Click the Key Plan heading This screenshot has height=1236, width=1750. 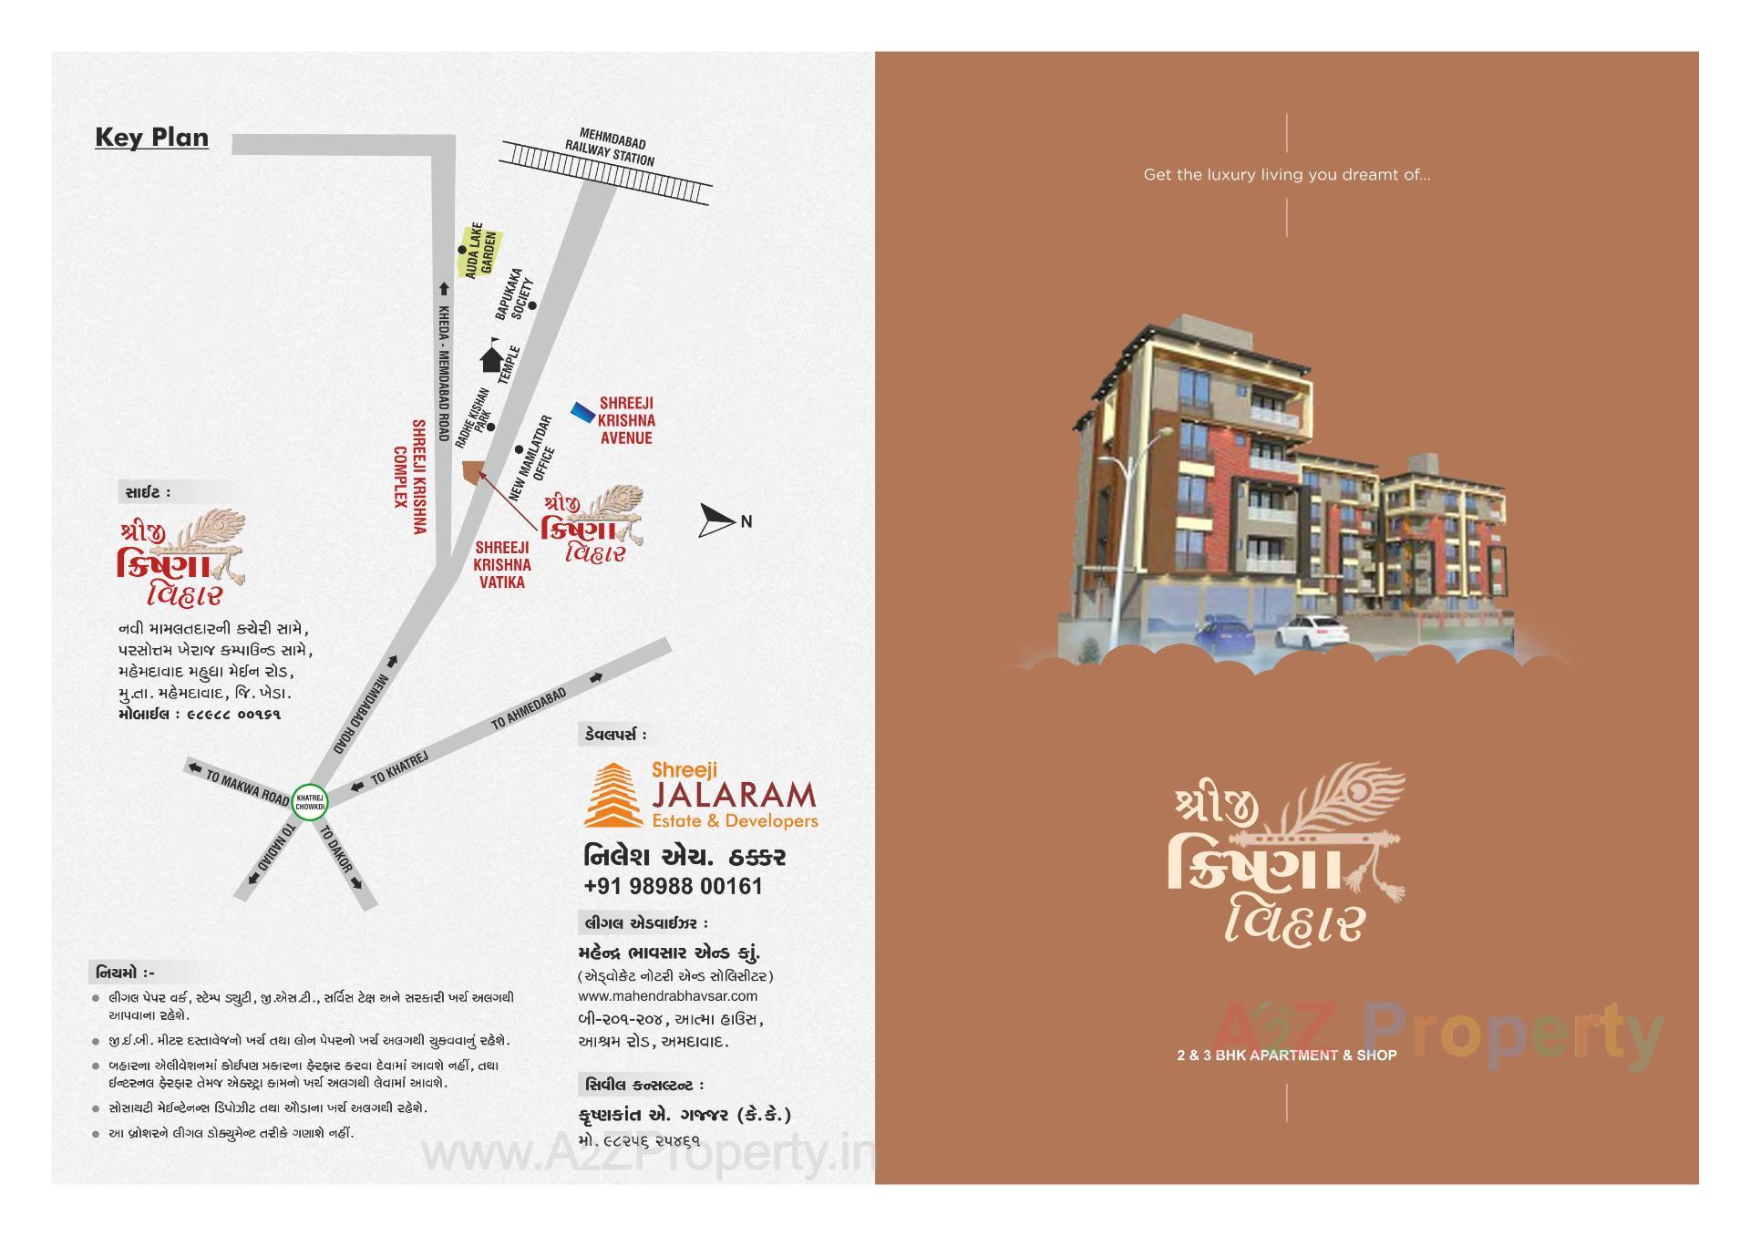point(151,138)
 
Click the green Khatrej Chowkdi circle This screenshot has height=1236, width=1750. point(309,802)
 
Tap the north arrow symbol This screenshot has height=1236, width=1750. point(717,520)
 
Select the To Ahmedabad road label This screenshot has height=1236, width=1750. point(529,708)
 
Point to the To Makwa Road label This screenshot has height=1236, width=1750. point(247,788)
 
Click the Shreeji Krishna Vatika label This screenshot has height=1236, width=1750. point(502,564)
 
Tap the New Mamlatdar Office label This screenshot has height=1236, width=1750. point(532,458)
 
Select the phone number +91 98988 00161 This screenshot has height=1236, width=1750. point(673,886)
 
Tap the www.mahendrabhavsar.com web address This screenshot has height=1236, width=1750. point(667,995)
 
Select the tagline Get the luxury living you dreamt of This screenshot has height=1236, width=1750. point(1286,175)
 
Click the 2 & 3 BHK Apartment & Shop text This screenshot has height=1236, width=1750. point(1286,1056)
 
